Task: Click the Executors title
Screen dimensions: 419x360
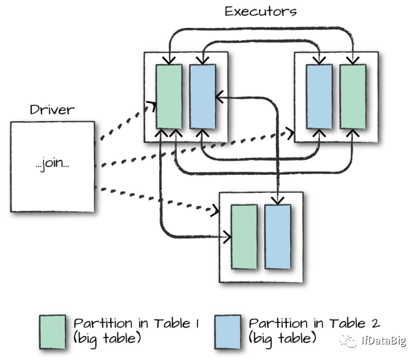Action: (260, 12)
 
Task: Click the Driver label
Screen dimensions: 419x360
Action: (52, 109)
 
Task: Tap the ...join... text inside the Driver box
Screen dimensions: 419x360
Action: (52, 163)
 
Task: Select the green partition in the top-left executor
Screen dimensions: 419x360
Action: (169, 96)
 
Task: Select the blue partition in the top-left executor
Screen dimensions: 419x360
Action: (203, 96)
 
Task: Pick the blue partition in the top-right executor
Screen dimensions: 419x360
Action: (319, 96)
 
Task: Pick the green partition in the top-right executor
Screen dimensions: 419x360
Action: (353, 96)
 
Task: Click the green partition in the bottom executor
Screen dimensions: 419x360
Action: (244, 237)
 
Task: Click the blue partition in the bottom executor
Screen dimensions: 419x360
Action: (278, 237)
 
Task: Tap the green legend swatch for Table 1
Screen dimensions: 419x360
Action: (52, 332)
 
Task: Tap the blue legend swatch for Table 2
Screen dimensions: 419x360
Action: (228, 332)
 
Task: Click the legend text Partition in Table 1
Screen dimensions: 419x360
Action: (136, 323)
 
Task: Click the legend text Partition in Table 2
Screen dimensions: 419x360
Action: (314, 323)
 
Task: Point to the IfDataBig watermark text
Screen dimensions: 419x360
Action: (384, 340)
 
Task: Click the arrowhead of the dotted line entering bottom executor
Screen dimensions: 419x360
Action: (216, 210)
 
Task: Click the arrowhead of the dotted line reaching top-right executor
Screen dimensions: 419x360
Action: (291, 133)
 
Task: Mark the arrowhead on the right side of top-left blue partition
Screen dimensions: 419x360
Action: (220, 96)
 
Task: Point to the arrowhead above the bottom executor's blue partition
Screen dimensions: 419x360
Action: (278, 201)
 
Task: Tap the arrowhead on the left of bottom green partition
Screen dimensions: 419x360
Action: (227, 237)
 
